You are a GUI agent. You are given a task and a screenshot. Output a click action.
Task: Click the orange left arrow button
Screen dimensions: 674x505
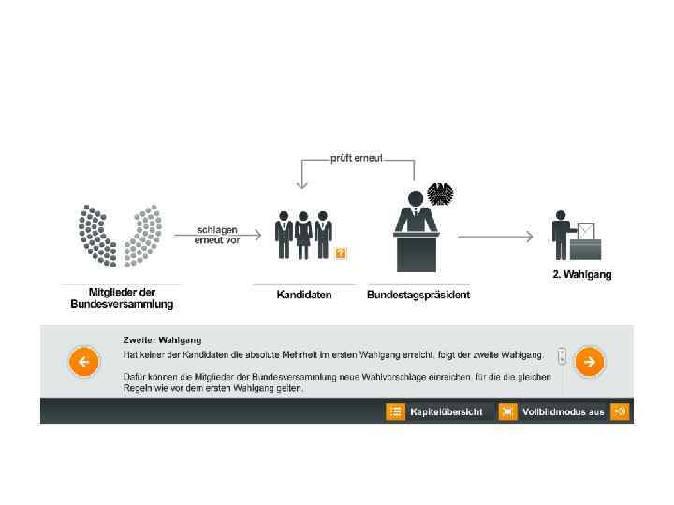click(x=83, y=361)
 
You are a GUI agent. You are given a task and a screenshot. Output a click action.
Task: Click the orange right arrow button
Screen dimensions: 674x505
click(x=589, y=361)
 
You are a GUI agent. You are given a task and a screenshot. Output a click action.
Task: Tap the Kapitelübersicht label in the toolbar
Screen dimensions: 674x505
click(x=446, y=411)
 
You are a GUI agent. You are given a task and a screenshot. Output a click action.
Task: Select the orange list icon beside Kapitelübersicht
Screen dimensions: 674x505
click(x=396, y=411)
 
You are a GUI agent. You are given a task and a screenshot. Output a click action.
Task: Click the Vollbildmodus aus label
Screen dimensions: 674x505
click(x=564, y=411)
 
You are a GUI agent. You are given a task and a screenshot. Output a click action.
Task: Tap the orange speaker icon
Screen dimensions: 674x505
click(x=620, y=411)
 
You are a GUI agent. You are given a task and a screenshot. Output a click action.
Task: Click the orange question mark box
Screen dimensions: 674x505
click(x=341, y=252)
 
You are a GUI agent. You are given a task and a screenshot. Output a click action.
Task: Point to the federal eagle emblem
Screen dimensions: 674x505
click(x=440, y=195)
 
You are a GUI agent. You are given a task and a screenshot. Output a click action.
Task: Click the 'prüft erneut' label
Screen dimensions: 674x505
click(x=355, y=158)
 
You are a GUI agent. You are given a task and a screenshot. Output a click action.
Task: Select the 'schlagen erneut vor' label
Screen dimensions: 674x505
click(x=218, y=234)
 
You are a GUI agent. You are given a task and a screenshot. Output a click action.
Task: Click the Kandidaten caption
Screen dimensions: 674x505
click(x=304, y=295)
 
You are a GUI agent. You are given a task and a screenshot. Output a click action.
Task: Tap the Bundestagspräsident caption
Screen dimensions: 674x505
click(x=418, y=295)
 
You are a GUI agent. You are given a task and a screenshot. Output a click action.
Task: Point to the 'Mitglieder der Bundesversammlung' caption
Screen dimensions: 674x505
click(x=122, y=297)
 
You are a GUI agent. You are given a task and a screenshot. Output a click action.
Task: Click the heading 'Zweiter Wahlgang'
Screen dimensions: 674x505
click(x=162, y=339)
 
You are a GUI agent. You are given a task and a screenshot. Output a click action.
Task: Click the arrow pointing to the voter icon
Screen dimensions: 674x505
click(x=496, y=237)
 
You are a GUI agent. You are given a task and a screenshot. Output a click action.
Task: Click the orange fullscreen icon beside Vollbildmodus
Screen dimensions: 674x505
click(x=507, y=411)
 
